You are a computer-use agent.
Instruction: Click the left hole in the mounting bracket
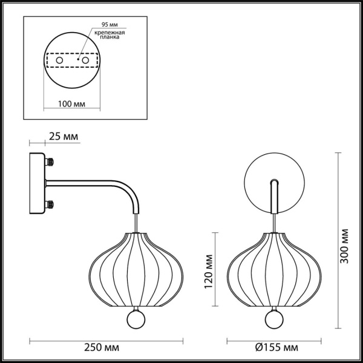[59, 60]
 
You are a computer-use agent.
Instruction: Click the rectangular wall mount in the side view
[38, 183]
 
